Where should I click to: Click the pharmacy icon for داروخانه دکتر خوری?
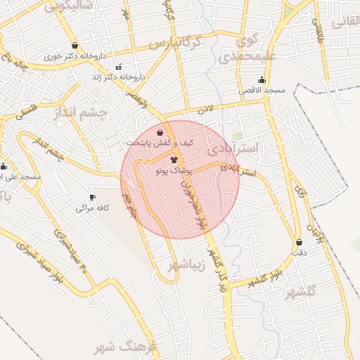pyautogui.click(x=74, y=46)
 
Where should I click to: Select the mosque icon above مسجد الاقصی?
pyautogui.click(x=262, y=80)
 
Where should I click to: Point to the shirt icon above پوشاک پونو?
pyautogui.click(x=174, y=160)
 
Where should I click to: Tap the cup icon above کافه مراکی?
pyautogui.click(x=91, y=198)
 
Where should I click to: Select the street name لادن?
pyautogui.click(x=204, y=110)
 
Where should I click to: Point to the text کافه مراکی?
pyautogui.click(x=91, y=209)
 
